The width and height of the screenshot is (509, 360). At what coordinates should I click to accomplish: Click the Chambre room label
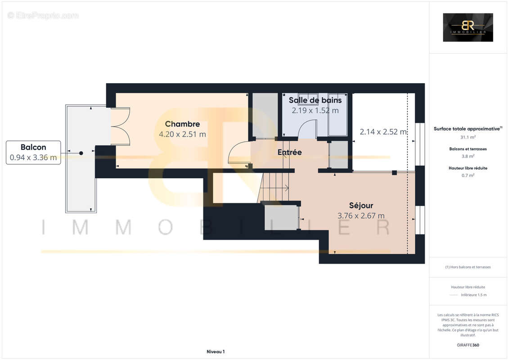click(182, 124)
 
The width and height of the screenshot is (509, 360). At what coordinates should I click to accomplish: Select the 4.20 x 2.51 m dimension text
click(182, 134)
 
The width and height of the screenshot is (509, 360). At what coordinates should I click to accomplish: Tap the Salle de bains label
click(315, 100)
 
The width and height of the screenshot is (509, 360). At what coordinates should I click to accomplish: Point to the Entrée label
click(289, 153)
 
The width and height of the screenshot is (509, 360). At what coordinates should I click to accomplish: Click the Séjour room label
click(361, 206)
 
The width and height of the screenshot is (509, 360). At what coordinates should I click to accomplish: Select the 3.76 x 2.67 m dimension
click(361, 216)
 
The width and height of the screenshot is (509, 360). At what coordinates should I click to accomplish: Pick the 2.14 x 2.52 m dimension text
click(383, 132)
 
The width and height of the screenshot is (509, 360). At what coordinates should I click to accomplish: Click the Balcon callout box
click(33, 152)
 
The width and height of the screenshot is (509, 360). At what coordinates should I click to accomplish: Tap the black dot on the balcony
click(81, 153)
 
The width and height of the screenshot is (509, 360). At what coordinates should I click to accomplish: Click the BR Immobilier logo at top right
click(468, 27)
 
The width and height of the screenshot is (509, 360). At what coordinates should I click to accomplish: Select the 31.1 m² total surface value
click(468, 137)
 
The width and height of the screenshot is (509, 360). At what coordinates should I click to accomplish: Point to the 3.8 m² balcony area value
click(468, 156)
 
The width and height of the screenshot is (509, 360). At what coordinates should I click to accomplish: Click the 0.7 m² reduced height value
click(468, 175)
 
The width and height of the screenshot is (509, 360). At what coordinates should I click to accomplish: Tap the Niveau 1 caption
click(215, 351)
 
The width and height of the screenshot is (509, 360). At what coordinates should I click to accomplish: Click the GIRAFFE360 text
click(468, 345)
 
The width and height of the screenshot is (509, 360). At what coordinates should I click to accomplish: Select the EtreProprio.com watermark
click(43, 15)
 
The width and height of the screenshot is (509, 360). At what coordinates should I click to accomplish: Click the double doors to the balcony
click(121, 126)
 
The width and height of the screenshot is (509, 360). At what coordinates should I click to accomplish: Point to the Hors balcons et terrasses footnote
click(468, 267)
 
